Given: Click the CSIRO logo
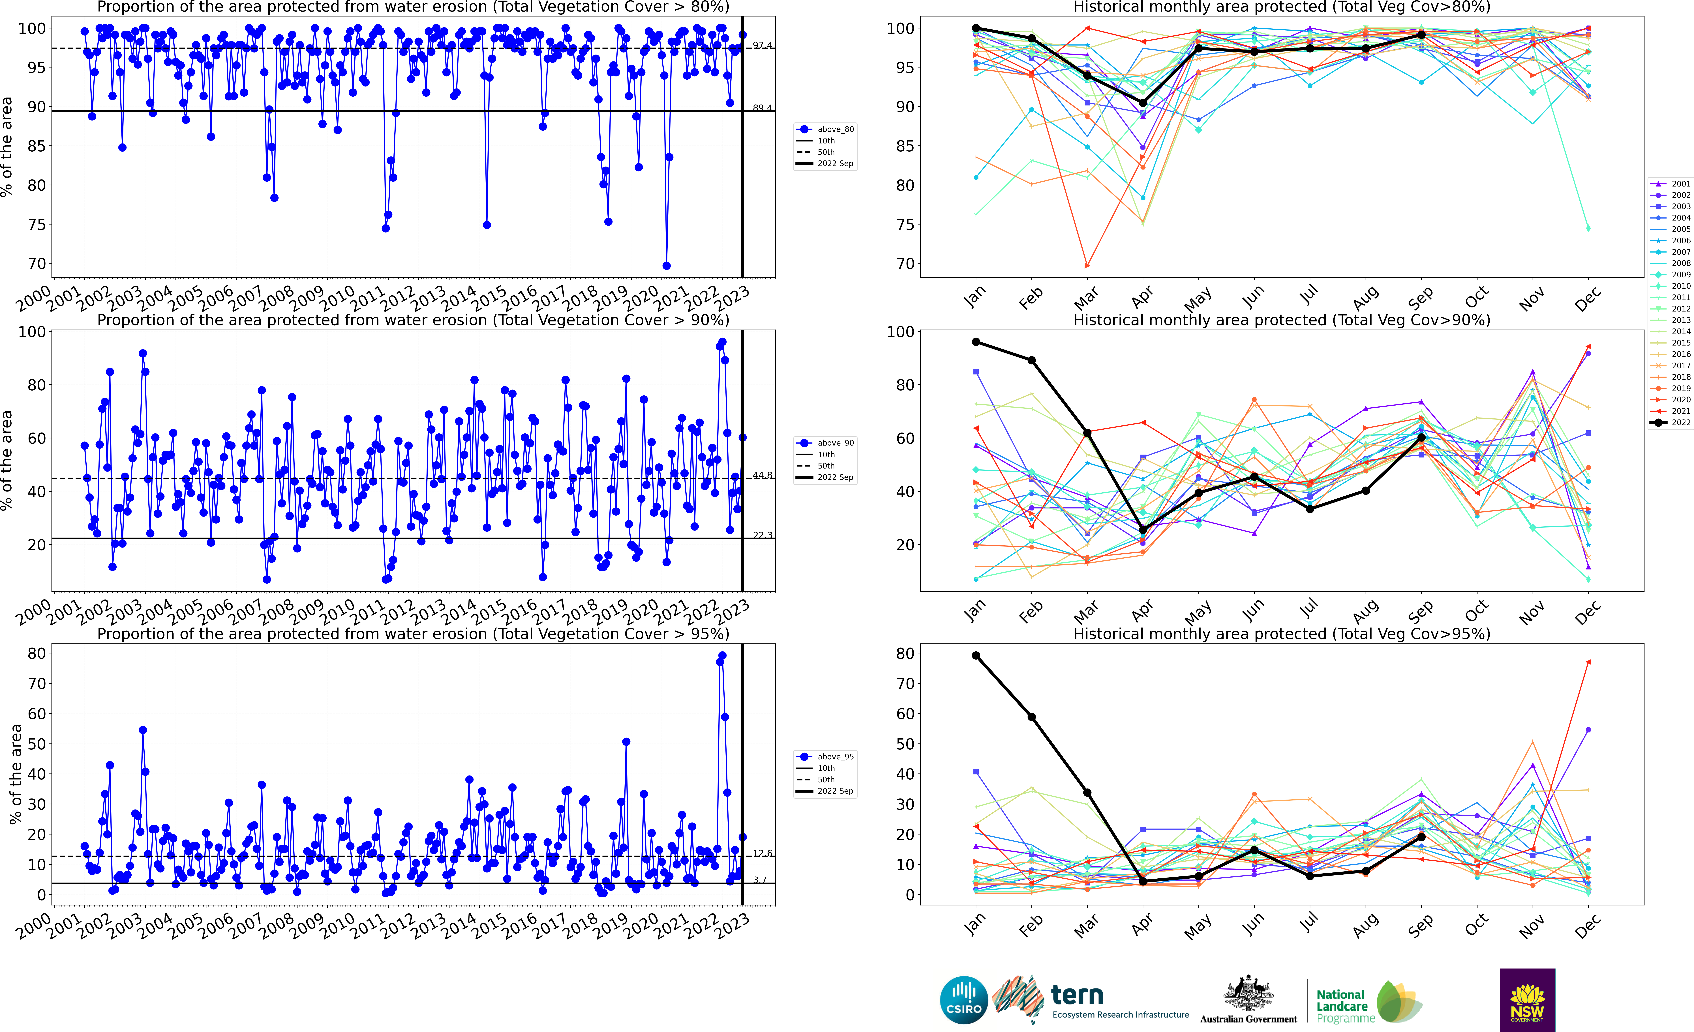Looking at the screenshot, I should (x=963, y=1000).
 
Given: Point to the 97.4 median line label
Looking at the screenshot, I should (x=762, y=45).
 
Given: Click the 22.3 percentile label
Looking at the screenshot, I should (x=762, y=535).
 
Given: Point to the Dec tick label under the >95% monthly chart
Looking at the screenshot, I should (x=1587, y=926).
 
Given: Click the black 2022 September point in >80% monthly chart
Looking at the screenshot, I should (x=1421, y=34).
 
